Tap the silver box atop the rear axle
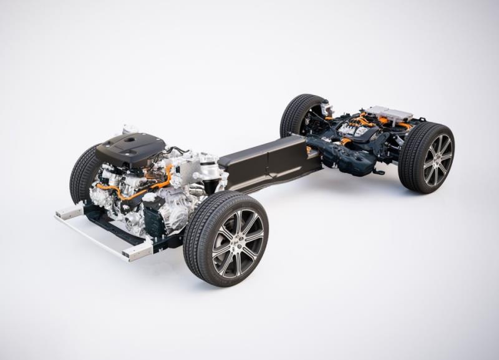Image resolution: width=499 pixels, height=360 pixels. [389, 114]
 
